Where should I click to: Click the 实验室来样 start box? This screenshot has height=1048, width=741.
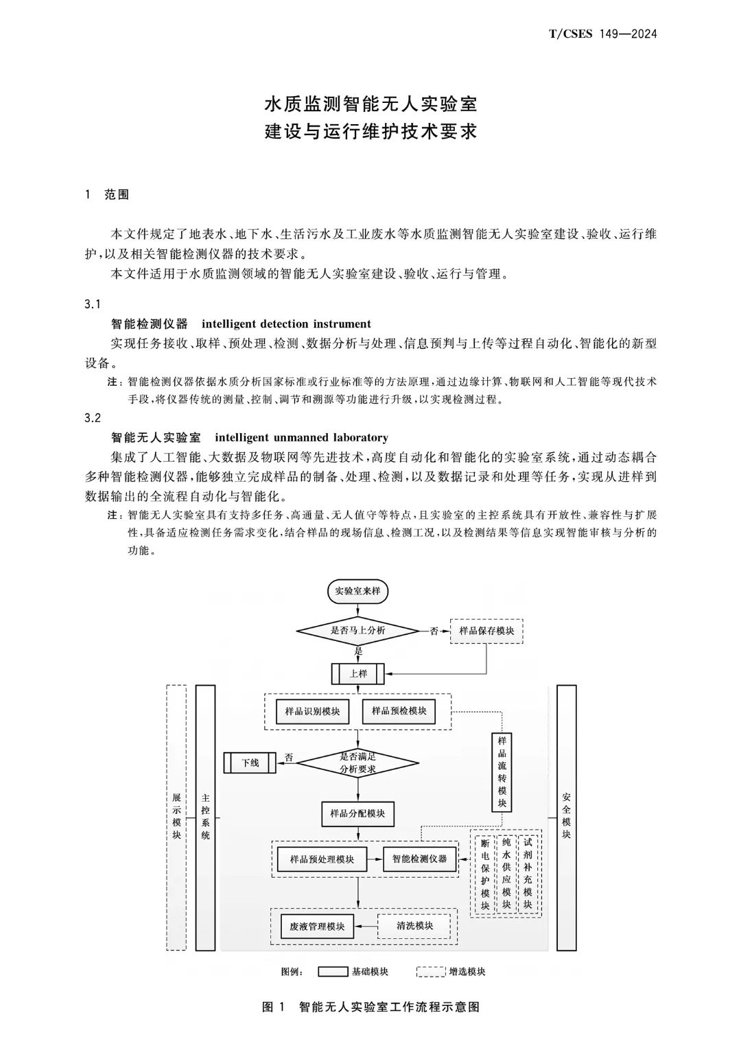coord(358,591)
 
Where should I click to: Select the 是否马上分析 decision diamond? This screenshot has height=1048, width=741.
coord(358,630)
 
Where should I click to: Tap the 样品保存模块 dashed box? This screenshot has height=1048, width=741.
coord(486,631)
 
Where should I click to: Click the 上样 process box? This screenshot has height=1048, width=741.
coord(358,674)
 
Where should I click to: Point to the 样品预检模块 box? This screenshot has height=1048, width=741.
coord(399,711)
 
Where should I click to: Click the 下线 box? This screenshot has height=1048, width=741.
coord(250,763)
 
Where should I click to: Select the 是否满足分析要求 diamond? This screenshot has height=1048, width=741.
coord(358,763)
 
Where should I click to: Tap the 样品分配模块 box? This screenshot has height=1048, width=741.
coord(358,813)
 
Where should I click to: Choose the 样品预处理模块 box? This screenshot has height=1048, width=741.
coord(322,859)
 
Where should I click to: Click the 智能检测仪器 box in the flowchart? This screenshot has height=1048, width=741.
coord(420,859)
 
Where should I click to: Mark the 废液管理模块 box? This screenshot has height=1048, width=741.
coord(317,927)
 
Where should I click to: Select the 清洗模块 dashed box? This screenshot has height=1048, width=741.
coord(414,926)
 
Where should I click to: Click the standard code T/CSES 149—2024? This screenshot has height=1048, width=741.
coord(603,34)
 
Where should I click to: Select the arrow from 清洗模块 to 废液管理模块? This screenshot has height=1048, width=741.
coord(366,927)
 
